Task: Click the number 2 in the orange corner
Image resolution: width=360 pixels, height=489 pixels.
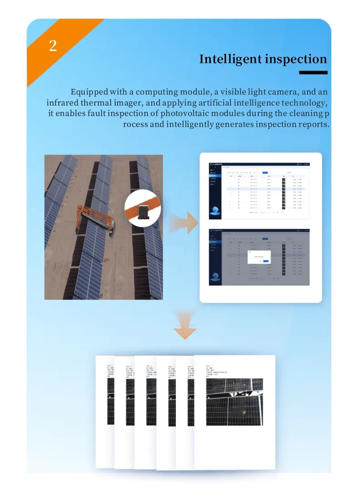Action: (53, 46)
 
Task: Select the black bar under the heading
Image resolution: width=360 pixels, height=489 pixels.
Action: (313, 73)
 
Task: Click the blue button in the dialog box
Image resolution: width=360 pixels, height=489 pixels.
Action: (266, 261)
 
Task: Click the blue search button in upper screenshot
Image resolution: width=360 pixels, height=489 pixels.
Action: (265, 173)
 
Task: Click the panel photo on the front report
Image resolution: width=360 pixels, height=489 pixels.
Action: (234, 401)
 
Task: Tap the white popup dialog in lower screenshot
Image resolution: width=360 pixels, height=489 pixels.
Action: (259, 256)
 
